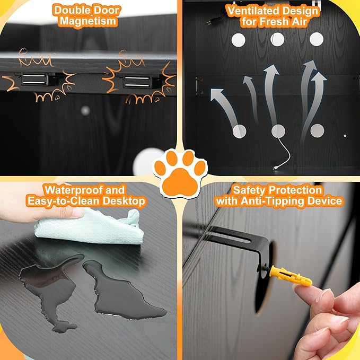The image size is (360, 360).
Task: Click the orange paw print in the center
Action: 180,174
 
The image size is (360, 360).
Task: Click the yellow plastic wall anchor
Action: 291,276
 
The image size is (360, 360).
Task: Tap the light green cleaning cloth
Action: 90,226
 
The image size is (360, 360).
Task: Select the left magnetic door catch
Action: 34,80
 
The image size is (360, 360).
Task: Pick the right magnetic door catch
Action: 137,82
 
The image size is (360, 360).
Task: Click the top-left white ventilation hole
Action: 238,40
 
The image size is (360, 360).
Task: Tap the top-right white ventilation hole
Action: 317,39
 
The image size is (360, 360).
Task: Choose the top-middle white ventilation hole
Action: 277,39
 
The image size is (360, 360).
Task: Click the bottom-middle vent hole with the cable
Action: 278,131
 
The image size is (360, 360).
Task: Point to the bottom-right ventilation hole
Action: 317,131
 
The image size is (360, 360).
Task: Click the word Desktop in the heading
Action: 124,201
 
